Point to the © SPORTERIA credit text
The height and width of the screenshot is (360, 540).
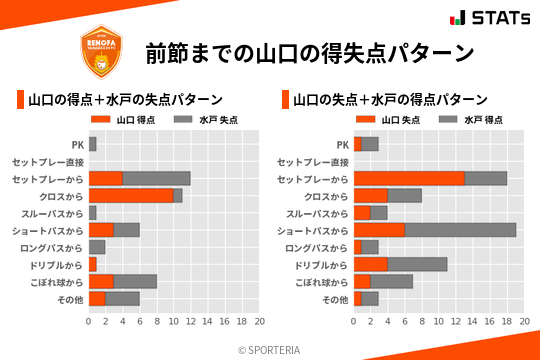pos(270,350)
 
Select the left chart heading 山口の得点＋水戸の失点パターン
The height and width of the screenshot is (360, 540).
pos(125,100)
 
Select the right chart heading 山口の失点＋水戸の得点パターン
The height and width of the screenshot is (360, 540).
pos(390,100)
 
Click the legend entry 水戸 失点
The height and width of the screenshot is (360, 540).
pos(205,120)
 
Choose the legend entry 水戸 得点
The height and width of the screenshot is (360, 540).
pos(470,120)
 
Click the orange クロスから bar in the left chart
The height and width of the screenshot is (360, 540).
pos(131,196)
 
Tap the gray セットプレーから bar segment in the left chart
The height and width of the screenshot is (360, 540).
pos(156,179)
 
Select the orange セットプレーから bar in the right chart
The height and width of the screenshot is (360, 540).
pos(409,179)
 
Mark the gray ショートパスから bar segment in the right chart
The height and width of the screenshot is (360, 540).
pos(460,230)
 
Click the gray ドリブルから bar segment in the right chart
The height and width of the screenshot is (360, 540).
pos(417,264)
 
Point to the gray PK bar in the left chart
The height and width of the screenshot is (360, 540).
pos(93,145)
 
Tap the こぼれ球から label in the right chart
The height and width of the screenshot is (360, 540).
pos(319,281)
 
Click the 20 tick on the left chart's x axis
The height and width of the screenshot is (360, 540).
pos(259,322)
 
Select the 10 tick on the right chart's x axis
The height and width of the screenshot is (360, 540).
pos(439,322)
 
